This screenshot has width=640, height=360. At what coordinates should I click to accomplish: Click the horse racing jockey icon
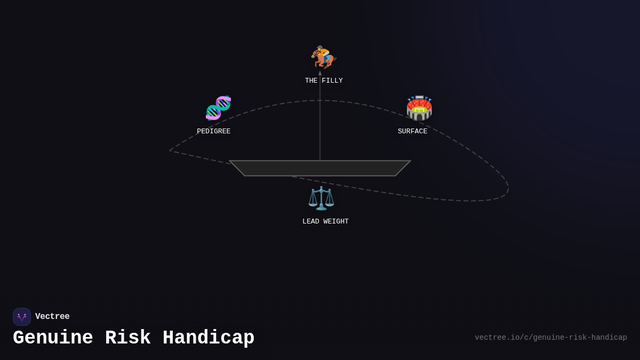[x=324, y=57]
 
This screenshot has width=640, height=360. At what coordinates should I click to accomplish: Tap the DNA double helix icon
[x=218, y=108]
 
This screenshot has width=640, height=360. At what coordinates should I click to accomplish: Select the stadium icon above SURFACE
[x=419, y=108]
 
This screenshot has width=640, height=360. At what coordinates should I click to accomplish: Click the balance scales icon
[x=321, y=198]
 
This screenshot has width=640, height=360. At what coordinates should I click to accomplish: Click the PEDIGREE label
[x=214, y=131]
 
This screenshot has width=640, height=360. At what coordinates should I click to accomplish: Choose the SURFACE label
[x=413, y=131]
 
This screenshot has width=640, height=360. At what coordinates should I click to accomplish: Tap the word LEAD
[x=311, y=221]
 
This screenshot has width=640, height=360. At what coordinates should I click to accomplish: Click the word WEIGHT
[x=335, y=221]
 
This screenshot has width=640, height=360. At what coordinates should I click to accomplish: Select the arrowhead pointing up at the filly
[x=320, y=73]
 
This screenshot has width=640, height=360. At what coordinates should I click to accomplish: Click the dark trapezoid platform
[x=320, y=169]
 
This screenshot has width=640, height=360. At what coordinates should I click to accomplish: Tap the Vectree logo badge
[x=22, y=317]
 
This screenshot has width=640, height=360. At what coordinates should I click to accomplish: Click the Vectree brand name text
[x=52, y=316]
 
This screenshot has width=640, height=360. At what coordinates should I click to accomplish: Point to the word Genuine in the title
[x=53, y=338]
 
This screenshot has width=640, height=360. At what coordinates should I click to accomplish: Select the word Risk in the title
[x=127, y=338]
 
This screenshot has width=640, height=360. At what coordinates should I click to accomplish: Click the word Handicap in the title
[x=209, y=338]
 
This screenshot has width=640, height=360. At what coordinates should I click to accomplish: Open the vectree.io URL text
[x=551, y=338]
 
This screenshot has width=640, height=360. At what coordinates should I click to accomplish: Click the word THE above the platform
[x=311, y=81]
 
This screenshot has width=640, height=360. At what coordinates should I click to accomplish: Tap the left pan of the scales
[x=313, y=203]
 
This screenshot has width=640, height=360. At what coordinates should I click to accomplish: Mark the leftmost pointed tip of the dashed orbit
[x=170, y=150]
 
